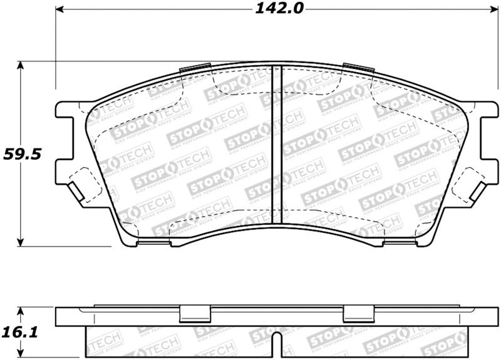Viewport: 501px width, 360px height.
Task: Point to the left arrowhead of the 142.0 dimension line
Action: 60,10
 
